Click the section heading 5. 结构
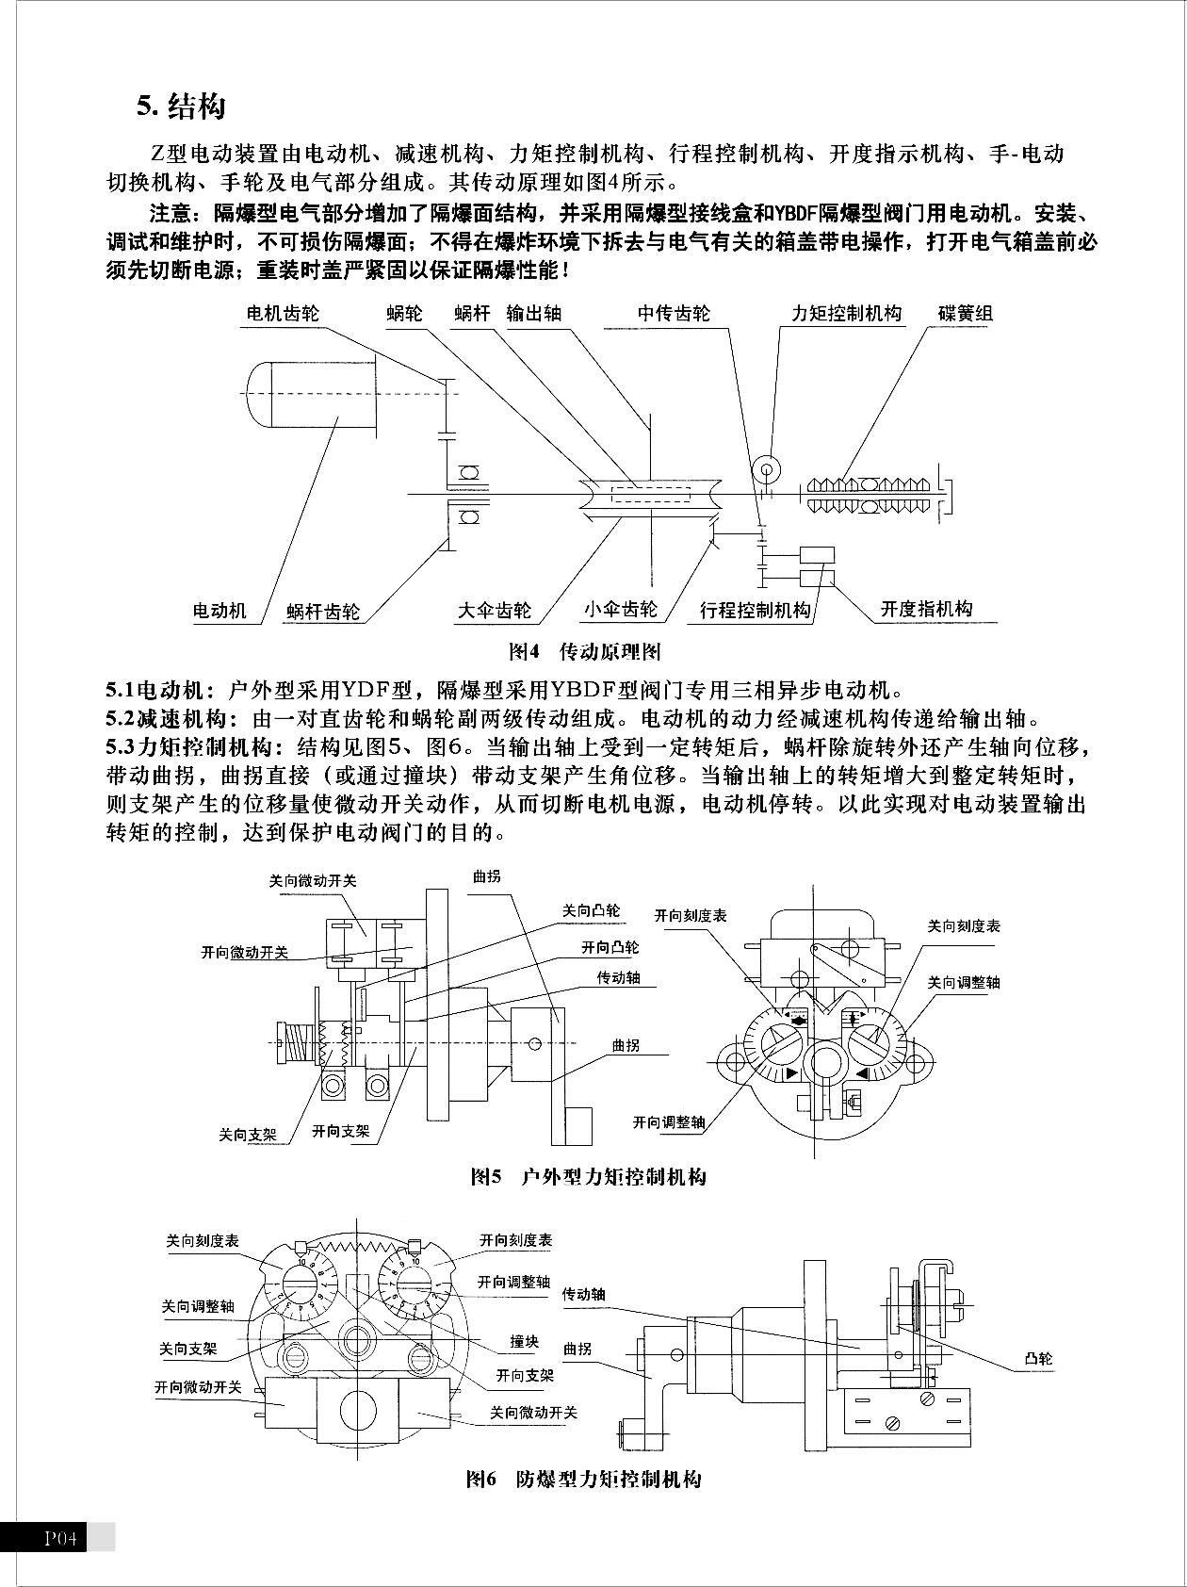[181, 106]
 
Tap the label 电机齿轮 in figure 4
[282, 314]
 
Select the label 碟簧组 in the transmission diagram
[965, 314]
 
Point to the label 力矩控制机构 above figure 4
[845, 314]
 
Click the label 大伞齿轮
[494, 611]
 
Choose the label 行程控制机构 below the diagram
[755, 611]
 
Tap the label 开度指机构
[925, 609]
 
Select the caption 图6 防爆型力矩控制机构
[584, 1479]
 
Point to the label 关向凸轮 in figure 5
[591, 910]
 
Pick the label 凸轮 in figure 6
[1038, 1359]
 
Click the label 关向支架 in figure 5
[248, 1135]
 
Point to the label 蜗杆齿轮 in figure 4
[323, 612]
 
